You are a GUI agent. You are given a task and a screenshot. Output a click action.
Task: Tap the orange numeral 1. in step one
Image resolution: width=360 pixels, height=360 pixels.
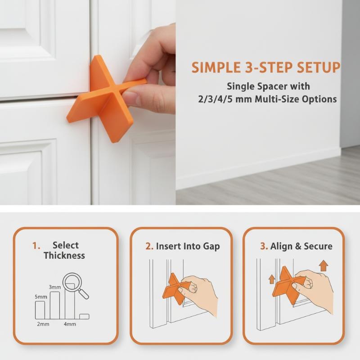click(x=36, y=246)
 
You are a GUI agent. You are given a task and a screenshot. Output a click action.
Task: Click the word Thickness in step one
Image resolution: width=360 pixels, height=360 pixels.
click(x=64, y=256)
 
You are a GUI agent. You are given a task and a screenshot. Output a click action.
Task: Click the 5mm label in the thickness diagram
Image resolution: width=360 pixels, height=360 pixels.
click(x=41, y=297)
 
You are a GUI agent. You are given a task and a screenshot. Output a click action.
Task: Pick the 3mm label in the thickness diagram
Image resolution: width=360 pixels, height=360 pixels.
click(x=55, y=287)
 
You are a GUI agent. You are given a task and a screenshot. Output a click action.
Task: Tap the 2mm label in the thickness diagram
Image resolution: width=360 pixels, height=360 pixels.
click(x=43, y=324)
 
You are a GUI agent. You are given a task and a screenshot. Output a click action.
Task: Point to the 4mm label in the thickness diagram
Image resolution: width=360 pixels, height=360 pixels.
click(x=70, y=324)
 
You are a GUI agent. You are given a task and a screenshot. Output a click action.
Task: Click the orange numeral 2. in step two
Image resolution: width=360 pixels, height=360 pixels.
click(x=149, y=246)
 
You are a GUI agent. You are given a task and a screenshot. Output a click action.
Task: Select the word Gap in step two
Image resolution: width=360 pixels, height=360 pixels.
click(x=211, y=247)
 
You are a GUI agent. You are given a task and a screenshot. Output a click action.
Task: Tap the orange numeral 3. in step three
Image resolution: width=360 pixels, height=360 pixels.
click(x=264, y=246)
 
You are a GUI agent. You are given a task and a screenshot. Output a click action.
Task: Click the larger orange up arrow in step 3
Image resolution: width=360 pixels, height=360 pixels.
click(x=323, y=265)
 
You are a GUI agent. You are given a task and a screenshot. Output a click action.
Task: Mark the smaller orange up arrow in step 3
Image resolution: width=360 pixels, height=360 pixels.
click(x=272, y=279)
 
